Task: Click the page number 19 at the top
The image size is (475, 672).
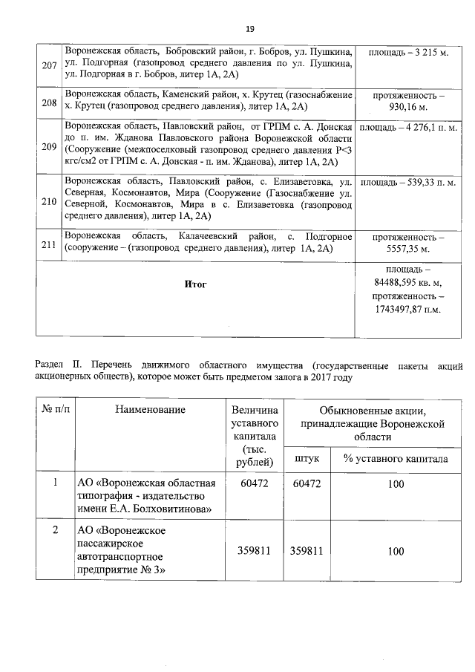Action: (x=250, y=29)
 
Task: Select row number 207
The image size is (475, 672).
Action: (x=50, y=66)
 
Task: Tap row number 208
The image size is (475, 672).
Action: (x=50, y=102)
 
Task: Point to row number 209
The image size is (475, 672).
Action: (x=50, y=146)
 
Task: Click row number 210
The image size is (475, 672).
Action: (x=50, y=200)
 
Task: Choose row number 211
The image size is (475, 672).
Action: (x=50, y=244)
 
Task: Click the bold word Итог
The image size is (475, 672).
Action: (x=197, y=284)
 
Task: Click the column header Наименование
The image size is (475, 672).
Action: (x=150, y=408)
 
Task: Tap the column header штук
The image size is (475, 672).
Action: (x=307, y=458)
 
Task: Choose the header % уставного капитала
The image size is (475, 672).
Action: (x=396, y=458)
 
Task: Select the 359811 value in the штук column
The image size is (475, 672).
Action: (x=307, y=552)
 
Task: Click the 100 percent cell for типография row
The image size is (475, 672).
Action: (x=396, y=484)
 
